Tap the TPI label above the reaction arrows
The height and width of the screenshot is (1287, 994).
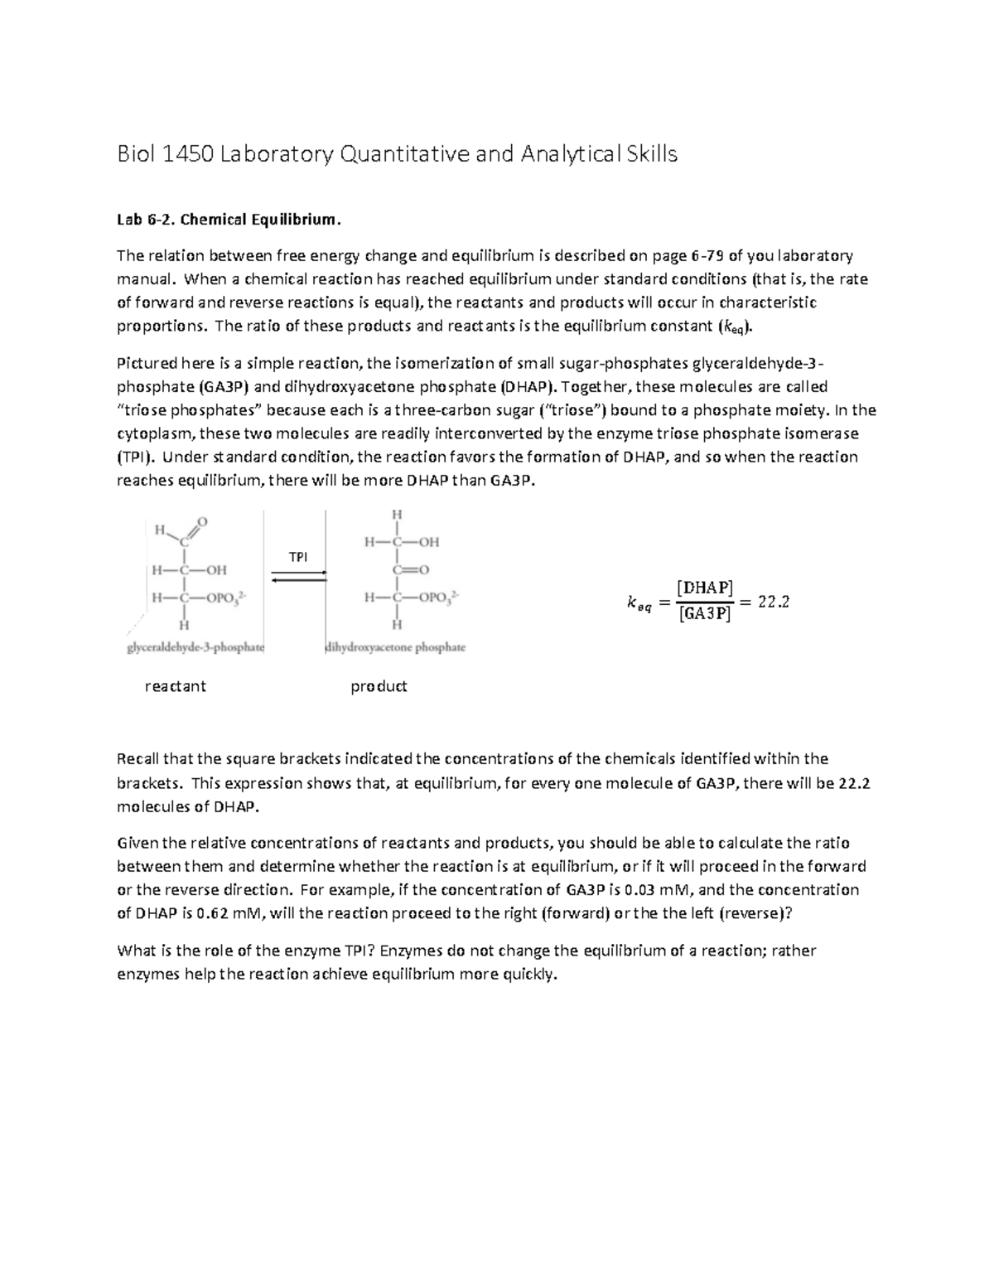pyautogui.click(x=297, y=557)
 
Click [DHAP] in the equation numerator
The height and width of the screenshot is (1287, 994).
pyautogui.click(x=704, y=588)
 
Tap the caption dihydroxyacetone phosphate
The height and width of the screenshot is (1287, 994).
pyautogui.click(x=396, y=647)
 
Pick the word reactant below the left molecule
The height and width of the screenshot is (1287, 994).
pyautogui.click(x=175, y=686)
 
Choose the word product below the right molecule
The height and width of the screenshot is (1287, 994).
pyautogui.click(x=379, y=686)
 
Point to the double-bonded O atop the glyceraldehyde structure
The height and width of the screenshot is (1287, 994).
pyautogui.click(x=202, y=521)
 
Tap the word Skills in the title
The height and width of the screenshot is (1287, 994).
pyautogui.click(x=649, y=154)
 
